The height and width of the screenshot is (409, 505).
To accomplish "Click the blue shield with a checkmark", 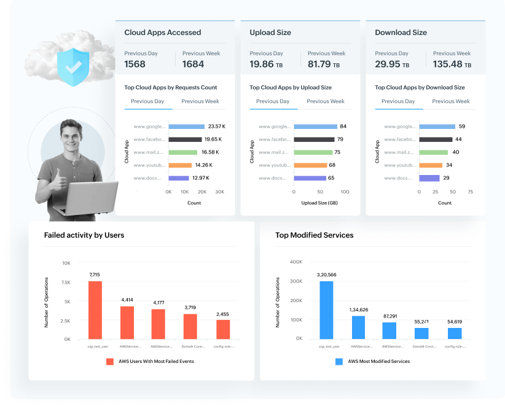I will [73, 66].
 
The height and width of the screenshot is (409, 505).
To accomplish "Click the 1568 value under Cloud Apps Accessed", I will [135, 64].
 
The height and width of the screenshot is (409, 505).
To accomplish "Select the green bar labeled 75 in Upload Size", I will [313, 152].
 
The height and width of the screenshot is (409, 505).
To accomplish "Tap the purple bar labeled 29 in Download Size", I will [429, 178].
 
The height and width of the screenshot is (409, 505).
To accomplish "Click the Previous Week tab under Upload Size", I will [326, 101].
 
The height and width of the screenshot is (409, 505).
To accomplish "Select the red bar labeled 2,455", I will [223, 329].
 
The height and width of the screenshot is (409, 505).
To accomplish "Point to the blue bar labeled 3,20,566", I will [326, 310].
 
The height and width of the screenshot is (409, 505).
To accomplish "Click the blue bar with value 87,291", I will [390, 330].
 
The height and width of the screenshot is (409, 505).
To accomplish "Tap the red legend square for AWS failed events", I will [110, 361].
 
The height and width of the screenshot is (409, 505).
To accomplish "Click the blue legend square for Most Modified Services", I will [339, 361].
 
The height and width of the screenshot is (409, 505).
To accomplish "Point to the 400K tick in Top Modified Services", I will [295, 262].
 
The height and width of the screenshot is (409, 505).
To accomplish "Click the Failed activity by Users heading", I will [84, 235].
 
